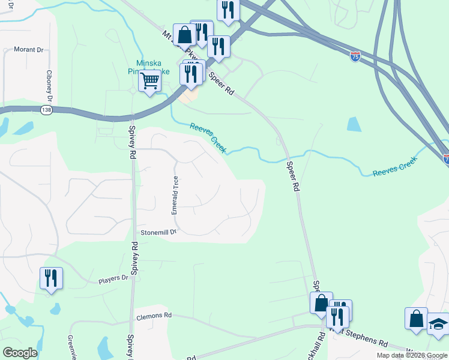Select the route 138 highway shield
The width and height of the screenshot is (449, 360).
[x=46, y=110]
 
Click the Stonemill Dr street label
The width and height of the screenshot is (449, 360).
[x=159, y=232]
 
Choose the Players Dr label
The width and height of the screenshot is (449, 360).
[x=113, y=278]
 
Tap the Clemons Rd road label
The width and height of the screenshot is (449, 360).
[x=154, y=315]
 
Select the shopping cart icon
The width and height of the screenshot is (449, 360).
[x=150, y=80]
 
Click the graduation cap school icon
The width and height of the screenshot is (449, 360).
[x=438, y=325]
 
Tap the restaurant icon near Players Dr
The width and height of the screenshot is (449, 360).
[x=51, y=278]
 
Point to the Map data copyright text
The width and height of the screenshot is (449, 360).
[x=412, y=355]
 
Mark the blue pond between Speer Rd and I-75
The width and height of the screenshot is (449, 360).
[x=354, y=124]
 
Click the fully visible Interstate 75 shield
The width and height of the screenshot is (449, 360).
[x=355, y=58]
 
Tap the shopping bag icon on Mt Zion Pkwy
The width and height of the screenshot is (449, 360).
[x=184, y=35]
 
